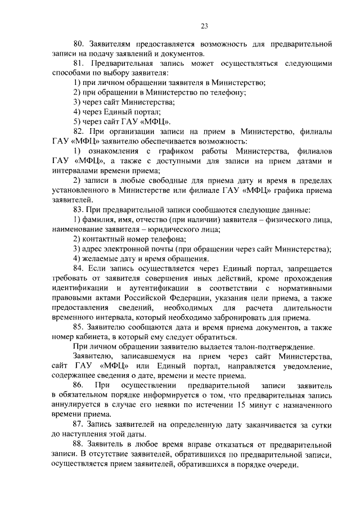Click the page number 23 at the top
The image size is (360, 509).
click(x=204, y=25)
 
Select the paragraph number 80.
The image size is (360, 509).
click(x=79, y=44)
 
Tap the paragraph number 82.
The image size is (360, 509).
click(x=78, y=131)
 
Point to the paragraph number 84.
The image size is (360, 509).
click(x=79, y=268)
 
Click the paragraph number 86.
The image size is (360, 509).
click(x=79, y=385)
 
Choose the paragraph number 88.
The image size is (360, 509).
click(x=79, y=443)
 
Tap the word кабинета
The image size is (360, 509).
click(x=93, y=337)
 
